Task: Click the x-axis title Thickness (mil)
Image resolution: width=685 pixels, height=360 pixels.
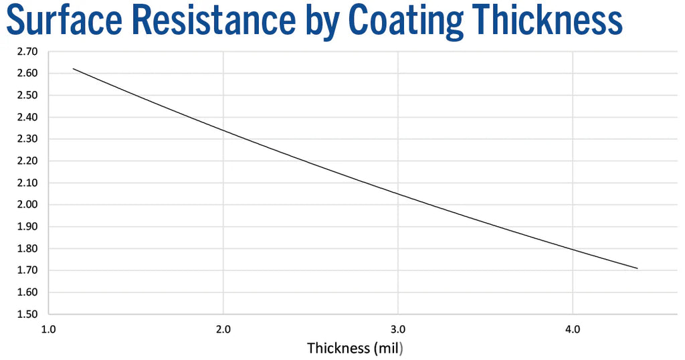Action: point(356,348)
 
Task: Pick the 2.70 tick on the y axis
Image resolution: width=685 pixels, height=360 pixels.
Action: point(28,52)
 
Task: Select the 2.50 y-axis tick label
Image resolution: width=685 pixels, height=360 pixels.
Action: point(28,95)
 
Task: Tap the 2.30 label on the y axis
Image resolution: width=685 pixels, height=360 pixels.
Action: point(28,139)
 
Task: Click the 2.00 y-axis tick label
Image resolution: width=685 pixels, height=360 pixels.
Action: point(28,205)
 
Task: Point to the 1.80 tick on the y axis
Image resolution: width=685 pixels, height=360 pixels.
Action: point(28,249)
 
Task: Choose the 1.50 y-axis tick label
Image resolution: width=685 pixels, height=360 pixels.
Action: point(28,314)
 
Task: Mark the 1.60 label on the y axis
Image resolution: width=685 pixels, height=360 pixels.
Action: point(28,292)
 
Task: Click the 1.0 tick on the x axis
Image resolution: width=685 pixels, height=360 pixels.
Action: point(48,329)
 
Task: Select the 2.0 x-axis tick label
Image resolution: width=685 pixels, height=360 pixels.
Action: point(223,329)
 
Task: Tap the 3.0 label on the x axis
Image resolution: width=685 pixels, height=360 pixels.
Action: point(398,329)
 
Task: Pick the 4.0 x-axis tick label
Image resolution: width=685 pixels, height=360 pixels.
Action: point(573,329)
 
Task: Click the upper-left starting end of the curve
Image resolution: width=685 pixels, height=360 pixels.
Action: point(73,68)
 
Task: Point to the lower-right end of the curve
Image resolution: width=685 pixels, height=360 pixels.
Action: point(638,268)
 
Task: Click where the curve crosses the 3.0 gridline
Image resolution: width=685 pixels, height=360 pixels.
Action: point(398,194)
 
